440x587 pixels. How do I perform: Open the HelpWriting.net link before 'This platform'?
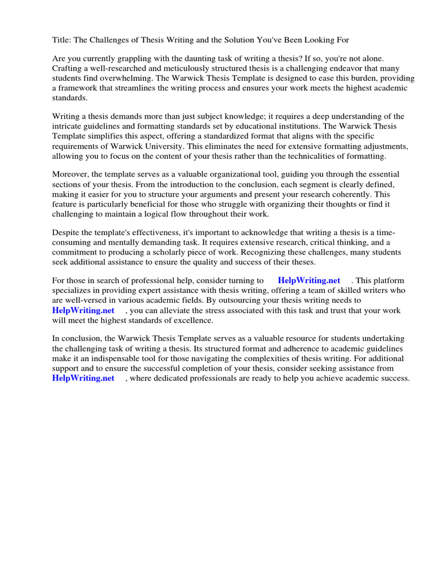(309, 281)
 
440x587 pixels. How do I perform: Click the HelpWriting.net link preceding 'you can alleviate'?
(83, 310)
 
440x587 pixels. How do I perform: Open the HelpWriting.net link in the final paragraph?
(83, 378)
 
